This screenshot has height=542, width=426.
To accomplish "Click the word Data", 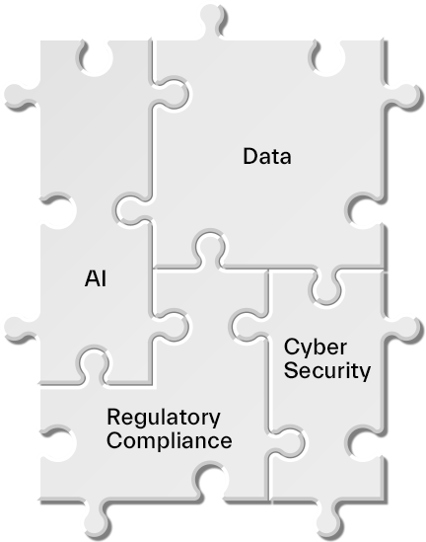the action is pos(267,157).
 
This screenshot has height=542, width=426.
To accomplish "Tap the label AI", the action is pos(96,278).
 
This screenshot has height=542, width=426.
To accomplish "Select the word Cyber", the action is pos(316,348).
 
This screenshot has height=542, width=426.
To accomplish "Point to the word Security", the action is pos(327,370).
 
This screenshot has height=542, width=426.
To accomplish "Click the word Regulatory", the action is pos(164,418).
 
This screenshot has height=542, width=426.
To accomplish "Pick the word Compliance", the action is pos(170,440).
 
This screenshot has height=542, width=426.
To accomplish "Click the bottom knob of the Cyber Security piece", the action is pos(329,519).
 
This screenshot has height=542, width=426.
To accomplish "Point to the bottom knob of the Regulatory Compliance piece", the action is pos(98,519).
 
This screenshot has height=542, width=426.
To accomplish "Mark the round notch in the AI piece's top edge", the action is pos(96,58).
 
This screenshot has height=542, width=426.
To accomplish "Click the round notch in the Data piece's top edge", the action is pos(327,58).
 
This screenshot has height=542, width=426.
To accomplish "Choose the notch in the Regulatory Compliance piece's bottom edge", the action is pos(211,483).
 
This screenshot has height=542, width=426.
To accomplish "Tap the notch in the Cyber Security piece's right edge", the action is pos(365,443).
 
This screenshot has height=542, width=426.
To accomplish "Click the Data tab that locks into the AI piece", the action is pos(132,209).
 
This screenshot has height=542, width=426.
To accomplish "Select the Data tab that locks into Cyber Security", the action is pos(327,286).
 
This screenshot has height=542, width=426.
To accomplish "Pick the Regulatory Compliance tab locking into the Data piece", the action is pos(210,248).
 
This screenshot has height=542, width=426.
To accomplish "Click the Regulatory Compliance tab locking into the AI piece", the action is pos(94,365).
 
